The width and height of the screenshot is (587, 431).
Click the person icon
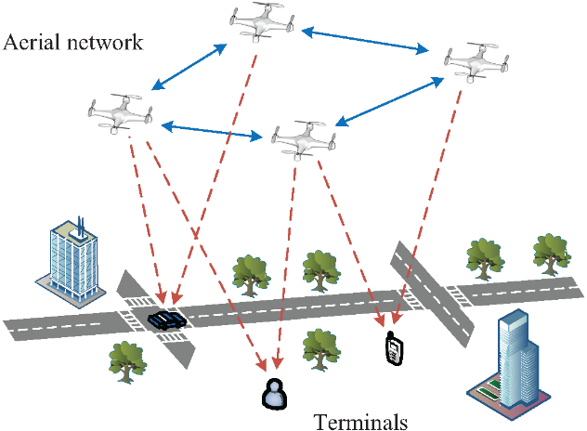coord(273,393)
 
